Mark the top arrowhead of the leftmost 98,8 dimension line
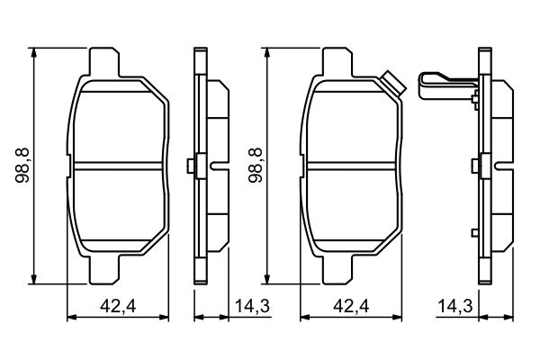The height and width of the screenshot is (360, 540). pyautogui.click(x=34, y=52)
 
